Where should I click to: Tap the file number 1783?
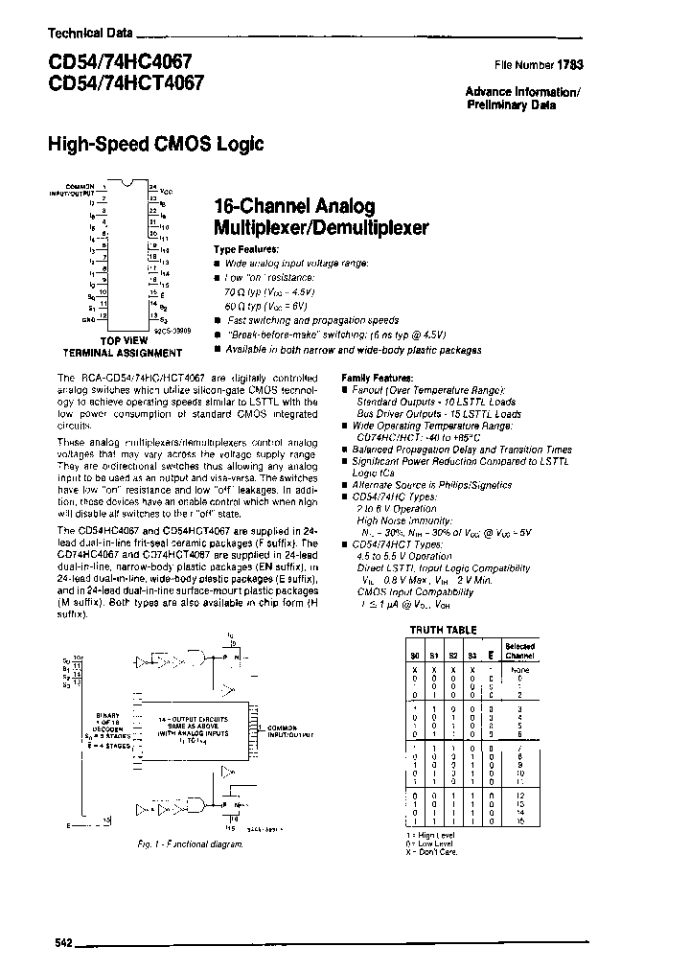pos(571,65)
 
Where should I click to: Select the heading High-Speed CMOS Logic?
pos(155,145)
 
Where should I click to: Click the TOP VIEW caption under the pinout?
pos(124,339)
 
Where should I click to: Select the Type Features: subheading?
pos(245,249)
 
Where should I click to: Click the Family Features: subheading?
pos(378,379)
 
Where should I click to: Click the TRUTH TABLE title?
pos(443,630)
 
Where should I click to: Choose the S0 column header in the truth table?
pos(414,656)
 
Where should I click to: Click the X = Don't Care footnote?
pos(433,851)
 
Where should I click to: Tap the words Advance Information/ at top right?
pos(522,92)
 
